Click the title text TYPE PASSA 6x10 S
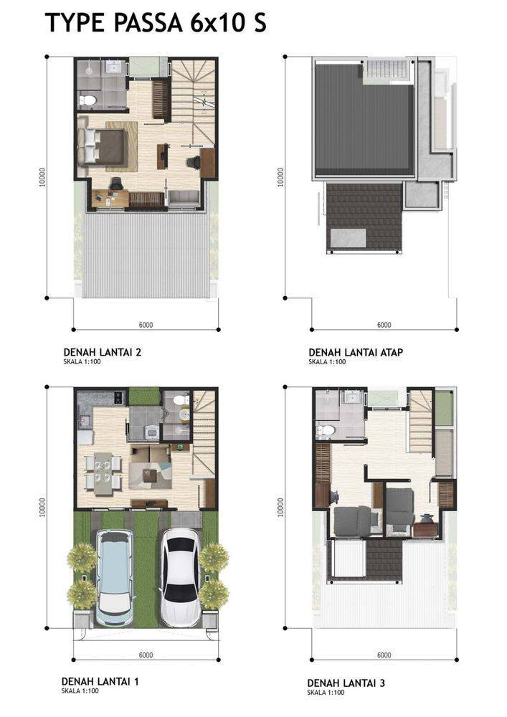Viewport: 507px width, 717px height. [156, 23]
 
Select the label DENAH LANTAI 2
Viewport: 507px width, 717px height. [102, 352]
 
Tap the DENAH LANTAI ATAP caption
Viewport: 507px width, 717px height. [355, 352]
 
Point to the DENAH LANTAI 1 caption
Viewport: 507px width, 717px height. [100, 681]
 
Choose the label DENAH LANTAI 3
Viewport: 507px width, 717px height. [346, 683]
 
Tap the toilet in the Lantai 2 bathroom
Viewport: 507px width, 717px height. [87, 100]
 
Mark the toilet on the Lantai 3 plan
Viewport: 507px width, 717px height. [326, 430]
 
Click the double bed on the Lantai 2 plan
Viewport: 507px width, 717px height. [102, 146]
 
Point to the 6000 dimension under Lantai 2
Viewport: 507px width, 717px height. [146, 325]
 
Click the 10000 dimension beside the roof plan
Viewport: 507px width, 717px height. [280, 177]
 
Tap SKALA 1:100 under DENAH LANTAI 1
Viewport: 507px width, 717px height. [80, 691]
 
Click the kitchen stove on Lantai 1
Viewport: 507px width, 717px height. [119, 397]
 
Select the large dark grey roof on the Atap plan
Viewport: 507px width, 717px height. [364, 120]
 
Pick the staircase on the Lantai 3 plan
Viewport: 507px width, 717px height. [421, 421]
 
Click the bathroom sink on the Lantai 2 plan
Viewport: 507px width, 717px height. [113, 67]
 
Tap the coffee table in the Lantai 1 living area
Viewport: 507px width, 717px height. [149, 475]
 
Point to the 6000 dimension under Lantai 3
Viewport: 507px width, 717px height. [384, 655]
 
